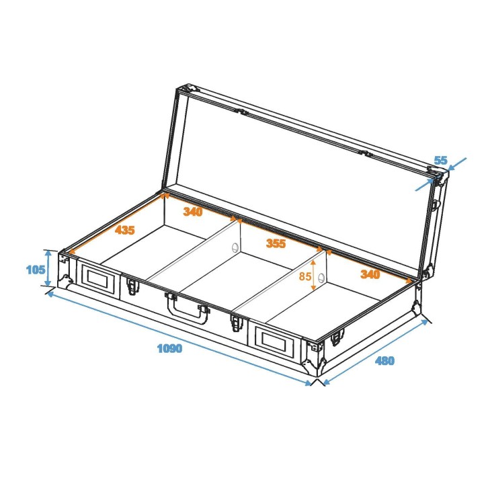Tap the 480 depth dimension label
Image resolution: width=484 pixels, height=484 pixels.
(385, 361)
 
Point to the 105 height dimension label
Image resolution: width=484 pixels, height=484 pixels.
(35, 270)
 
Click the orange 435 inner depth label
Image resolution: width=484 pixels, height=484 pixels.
(124, 230)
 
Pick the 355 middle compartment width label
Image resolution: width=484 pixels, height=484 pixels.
(276, 243)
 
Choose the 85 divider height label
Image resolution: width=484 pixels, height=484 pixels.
(305, 276)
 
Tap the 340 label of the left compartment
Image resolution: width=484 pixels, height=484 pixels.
(193, 211)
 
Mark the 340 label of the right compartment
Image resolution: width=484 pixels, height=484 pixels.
(370, 274)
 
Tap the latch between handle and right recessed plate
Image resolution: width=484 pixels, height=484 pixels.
(236, 322)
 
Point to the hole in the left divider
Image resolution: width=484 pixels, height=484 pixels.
(235, 247)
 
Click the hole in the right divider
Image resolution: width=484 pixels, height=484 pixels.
(321, 278)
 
